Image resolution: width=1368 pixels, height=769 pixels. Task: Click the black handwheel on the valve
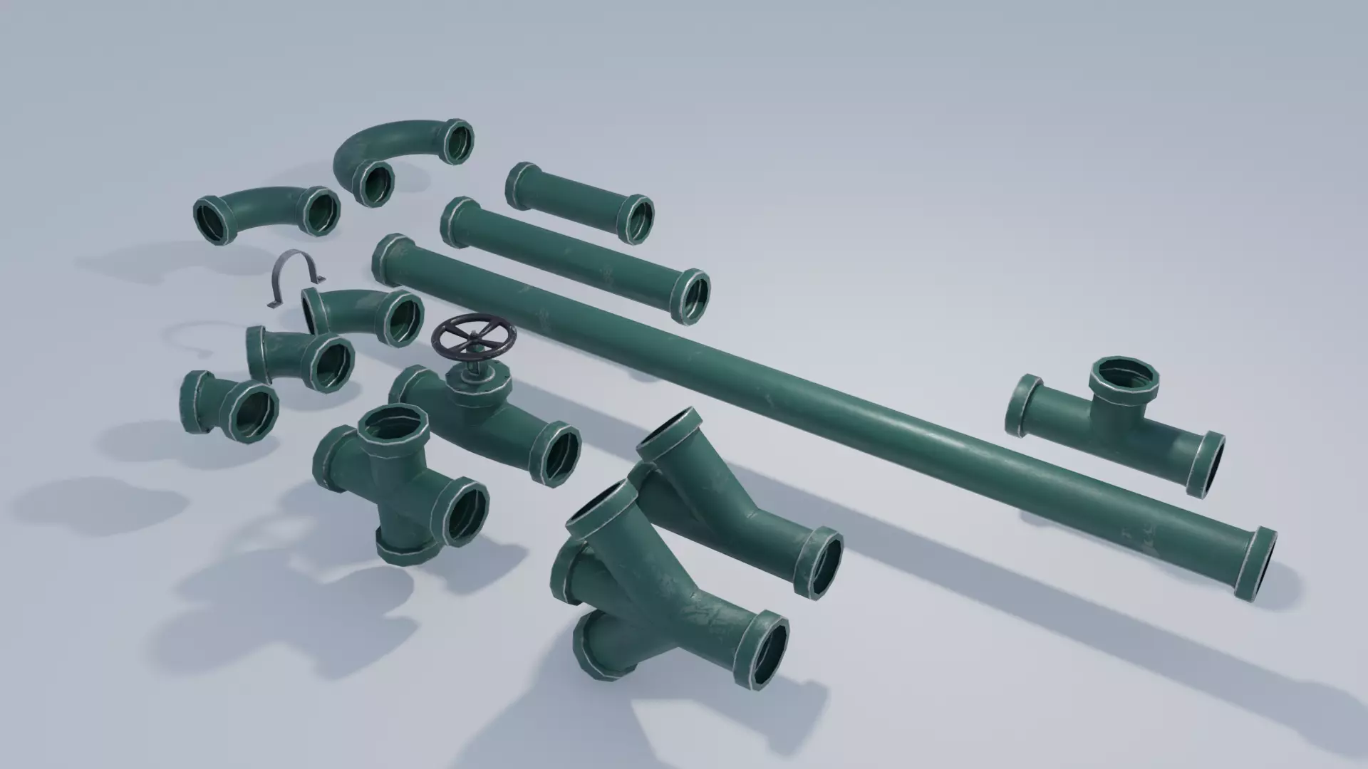click(x=472, y=336)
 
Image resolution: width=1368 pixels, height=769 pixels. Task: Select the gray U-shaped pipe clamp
click(x=295, y=277)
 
